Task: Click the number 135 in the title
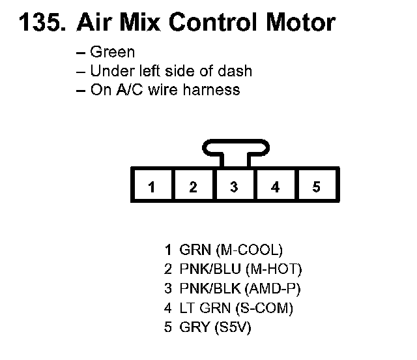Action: tap(41, 23)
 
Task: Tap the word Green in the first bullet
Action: tap(112, 52)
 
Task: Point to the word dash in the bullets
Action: tap(237, 70)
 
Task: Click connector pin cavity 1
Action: tap(152, 186)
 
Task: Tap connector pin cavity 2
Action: tap(193, 186)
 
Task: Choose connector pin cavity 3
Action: tap(234, 186)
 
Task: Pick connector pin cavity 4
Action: tap(276, 186)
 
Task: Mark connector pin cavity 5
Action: tap(317, 186)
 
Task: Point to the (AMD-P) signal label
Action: tap(273, 288)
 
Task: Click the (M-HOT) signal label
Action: tap(270, 269)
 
